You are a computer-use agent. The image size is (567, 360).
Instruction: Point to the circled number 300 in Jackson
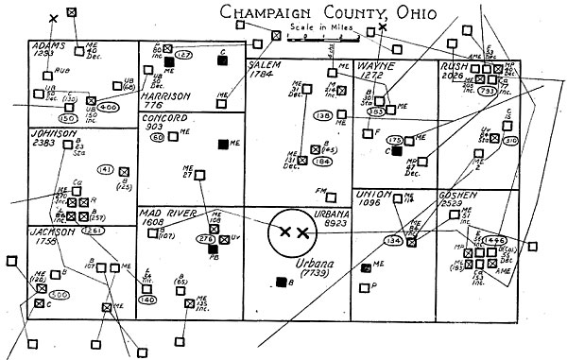pyautogui.click(x=59, y=294)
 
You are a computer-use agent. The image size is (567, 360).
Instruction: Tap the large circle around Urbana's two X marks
pyautogui.click(x=290, y=231)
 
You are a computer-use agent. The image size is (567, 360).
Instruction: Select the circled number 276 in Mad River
pyautogui.click(x=200, y=241)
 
